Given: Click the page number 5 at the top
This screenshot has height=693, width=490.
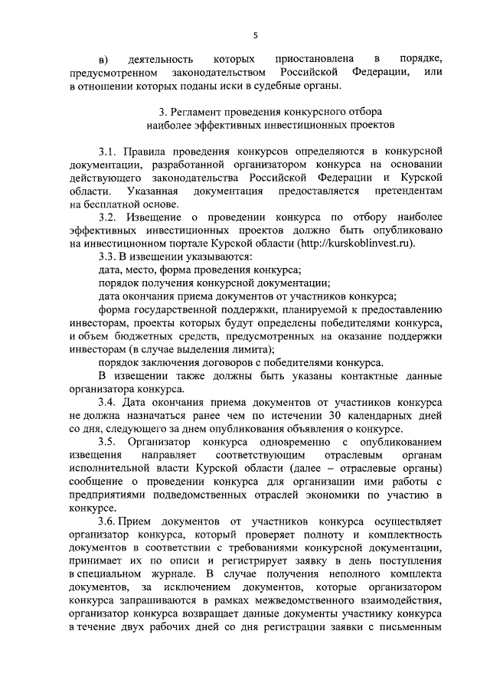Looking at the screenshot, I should pyautogui.click(x=255, y=34).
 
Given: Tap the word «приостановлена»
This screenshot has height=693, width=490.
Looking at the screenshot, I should pyautogui.click(x=313, y=59).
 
